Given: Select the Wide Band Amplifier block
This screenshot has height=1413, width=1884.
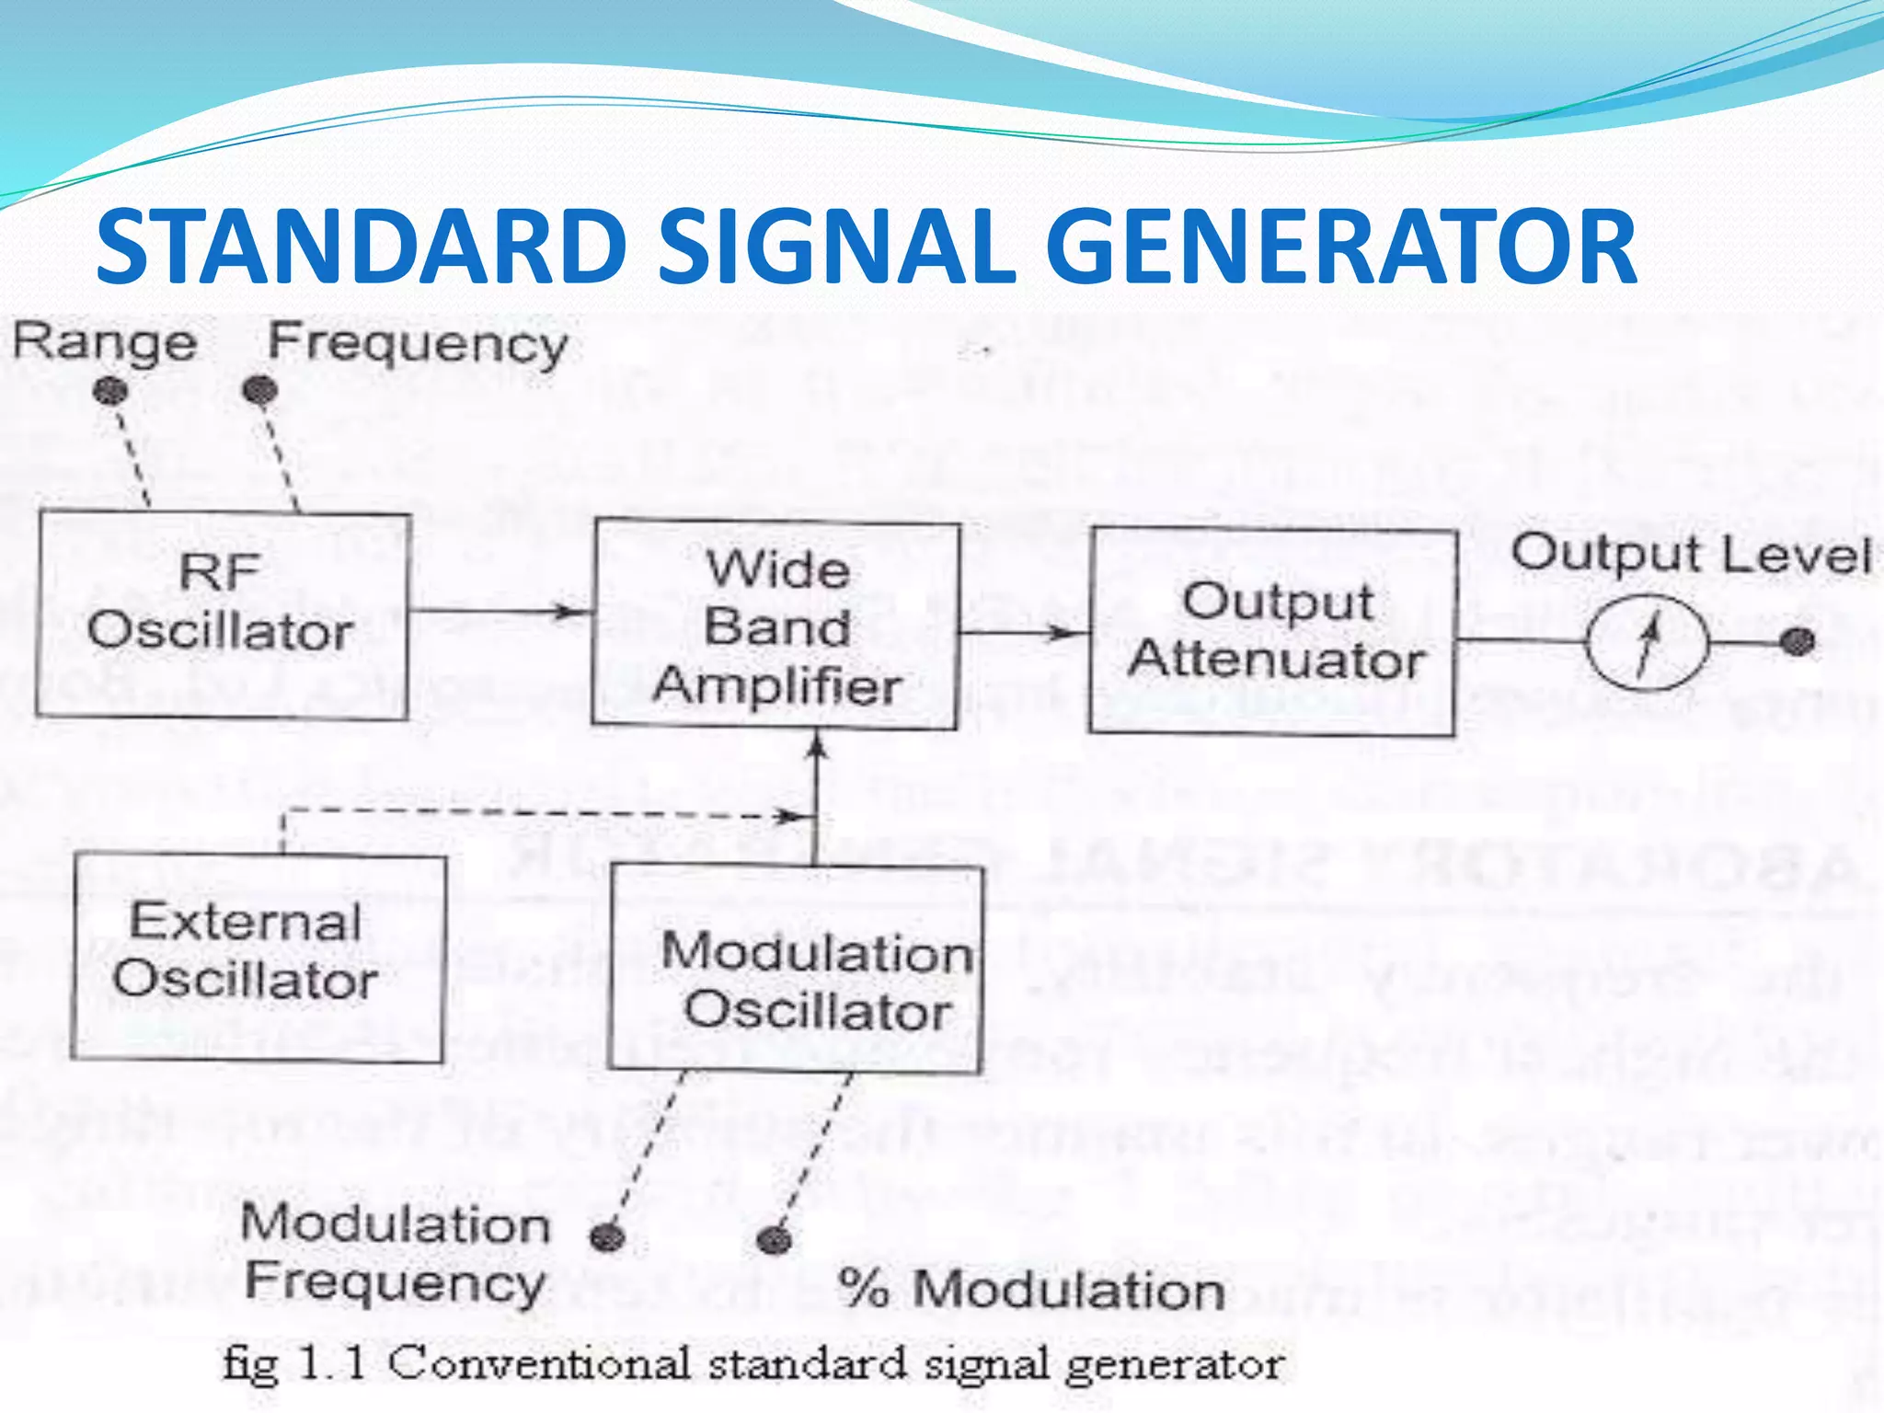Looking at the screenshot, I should click(775, 626).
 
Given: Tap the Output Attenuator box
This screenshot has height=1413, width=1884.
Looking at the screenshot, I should click(1273, 631).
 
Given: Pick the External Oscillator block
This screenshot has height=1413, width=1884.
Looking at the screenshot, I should click(258, 957).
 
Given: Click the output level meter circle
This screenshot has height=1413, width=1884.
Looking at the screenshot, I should click(1647, 641).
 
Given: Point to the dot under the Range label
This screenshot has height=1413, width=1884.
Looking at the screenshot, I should click(110, 391).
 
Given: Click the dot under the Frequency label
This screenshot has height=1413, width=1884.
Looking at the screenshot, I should click(260, 391).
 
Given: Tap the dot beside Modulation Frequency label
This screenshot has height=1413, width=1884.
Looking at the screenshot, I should click(607, 1237).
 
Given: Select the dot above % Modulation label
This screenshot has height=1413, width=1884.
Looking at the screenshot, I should click(774, 1239).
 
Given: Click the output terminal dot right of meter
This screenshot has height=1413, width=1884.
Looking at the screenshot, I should click(1798, 641).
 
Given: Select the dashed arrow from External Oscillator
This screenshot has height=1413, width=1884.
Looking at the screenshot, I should click(534, 812).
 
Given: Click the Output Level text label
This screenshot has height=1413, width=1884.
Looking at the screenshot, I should click(1691, 554).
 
